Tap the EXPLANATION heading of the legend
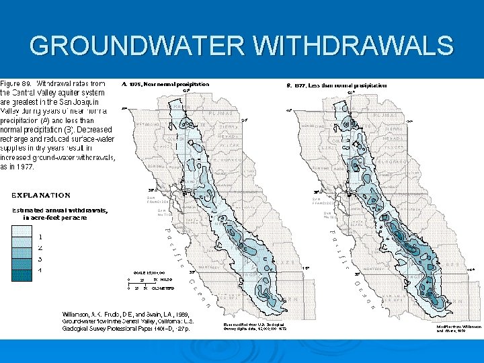point(41,196)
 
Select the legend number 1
point(41,237)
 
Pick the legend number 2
point(41,247)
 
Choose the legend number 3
point(41,258)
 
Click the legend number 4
point(41,270)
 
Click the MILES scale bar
point(145,278)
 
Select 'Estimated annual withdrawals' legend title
point(59,210)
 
